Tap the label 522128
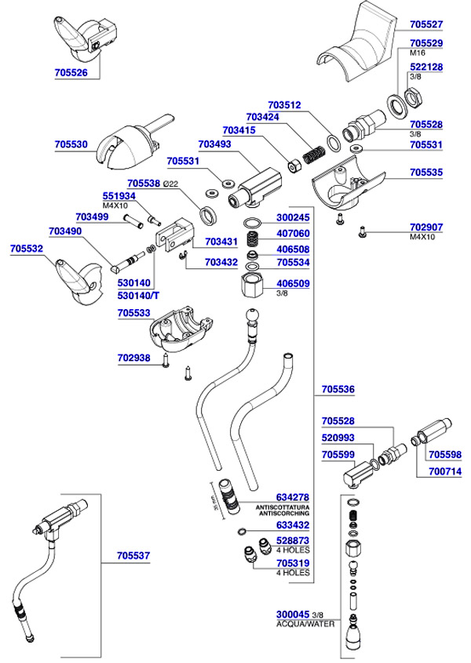(426, 67)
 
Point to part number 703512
(284, 104)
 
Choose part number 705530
(71, 145)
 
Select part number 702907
(426, 227)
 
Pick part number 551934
(119, 196)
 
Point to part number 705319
(293, 563)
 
